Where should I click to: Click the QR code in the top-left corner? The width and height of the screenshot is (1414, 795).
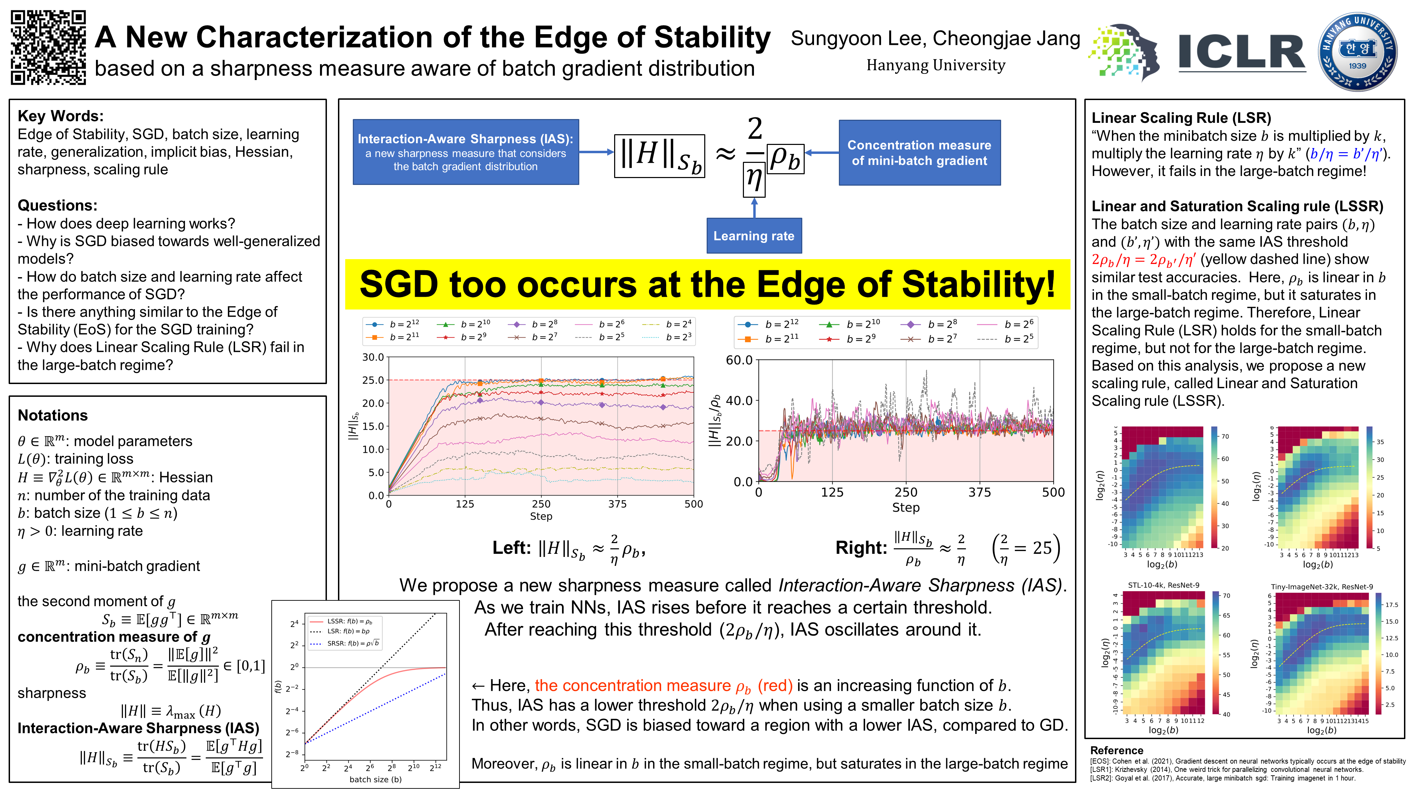tap(48, 47)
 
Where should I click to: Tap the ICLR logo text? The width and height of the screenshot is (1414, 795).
tap(1242, 53)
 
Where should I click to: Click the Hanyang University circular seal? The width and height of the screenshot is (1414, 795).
tap(1357, 52)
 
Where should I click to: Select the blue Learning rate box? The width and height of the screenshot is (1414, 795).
tap(754, 236)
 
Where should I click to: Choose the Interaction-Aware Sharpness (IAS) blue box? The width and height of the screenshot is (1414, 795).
tap(465, 152)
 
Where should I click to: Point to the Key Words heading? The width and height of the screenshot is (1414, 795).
tap(60, 116)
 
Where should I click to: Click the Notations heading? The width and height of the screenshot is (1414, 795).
tap(53, 415)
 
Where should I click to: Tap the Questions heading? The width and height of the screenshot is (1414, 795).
tap(57, 206)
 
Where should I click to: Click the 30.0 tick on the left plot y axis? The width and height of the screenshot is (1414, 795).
tap(373, 357)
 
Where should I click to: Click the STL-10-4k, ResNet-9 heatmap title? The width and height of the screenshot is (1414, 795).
tap(1163, 586)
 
